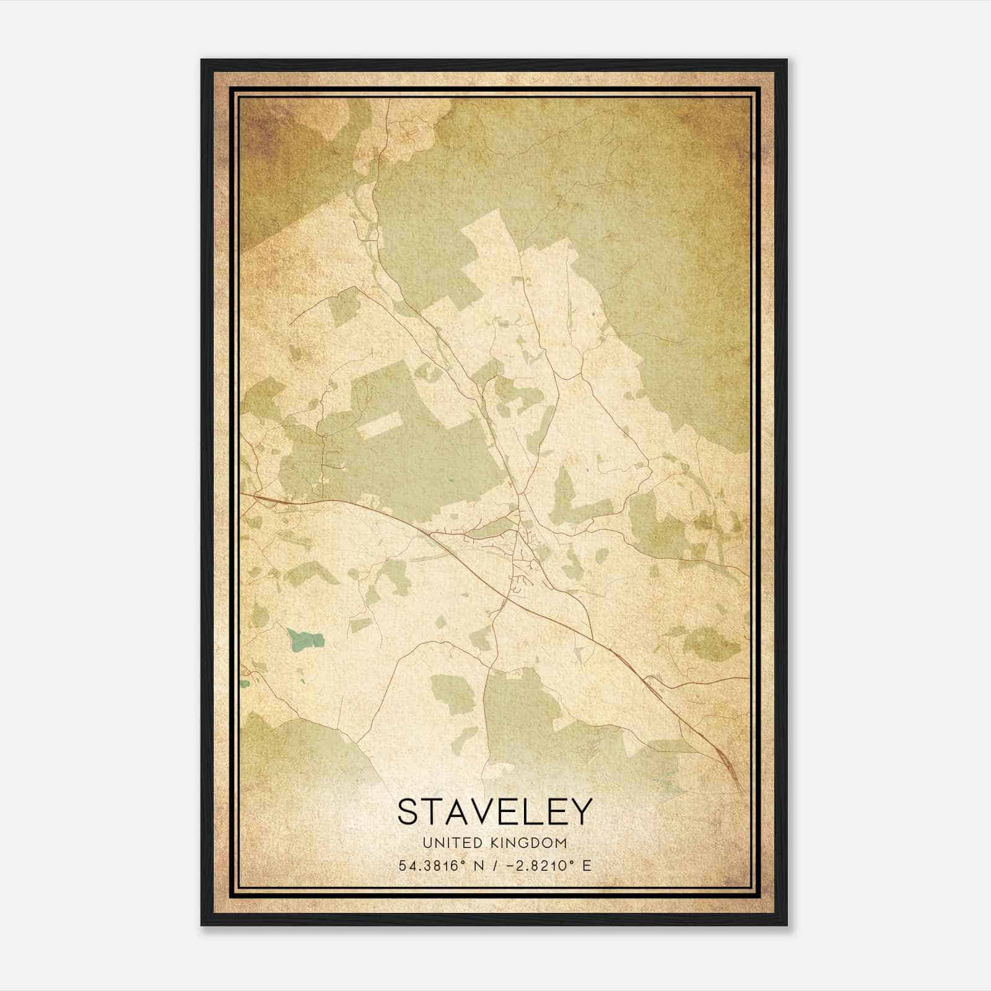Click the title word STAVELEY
point(494,811)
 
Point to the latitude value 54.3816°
point(431,865)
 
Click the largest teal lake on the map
point(305,639)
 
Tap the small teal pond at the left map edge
point(245,684)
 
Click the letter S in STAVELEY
point(409,811)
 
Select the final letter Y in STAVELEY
point(580,811)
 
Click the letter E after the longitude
point(587,865)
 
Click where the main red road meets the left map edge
point(243,494)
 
